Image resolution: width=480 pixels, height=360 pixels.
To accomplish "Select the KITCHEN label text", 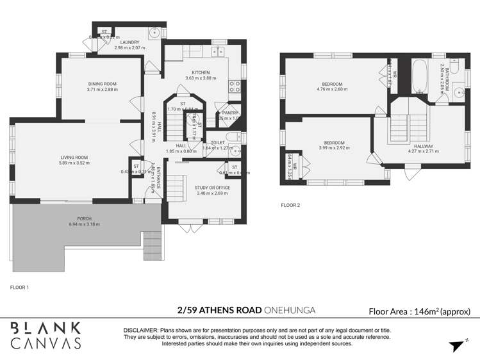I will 201,72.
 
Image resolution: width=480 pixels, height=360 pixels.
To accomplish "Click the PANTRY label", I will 230,112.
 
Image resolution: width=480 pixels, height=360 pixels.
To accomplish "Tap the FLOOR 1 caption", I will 19,288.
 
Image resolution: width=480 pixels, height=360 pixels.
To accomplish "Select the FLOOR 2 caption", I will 290,206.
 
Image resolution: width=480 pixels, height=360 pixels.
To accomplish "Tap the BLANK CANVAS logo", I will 46,335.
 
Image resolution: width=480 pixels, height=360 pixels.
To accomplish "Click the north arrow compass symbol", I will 456,346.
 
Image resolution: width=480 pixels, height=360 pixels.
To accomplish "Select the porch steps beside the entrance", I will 152,245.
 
